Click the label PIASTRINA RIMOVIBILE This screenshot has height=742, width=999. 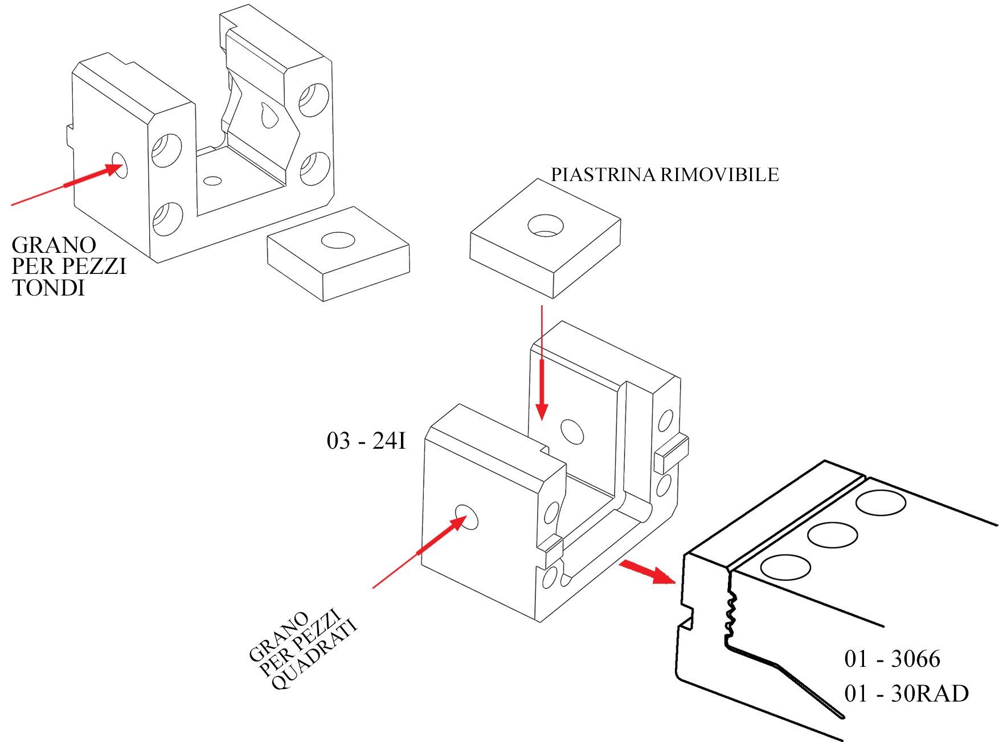click(x=665, y=174)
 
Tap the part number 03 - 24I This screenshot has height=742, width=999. click(x=366, y=441)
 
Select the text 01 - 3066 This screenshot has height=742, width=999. click(x=892, y=659)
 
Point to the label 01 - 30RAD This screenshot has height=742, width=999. click(x=906, y=694)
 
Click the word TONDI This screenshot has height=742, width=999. click(x=48, y=288)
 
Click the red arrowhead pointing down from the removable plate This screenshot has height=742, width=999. click(x=542, y=412)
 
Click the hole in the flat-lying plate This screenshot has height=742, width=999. click(x=338, y=240)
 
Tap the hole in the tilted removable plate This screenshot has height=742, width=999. click(x=546, y=226)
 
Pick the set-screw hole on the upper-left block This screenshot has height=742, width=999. click(x=120, y=166)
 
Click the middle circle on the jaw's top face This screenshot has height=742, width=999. click(x=832, y=535)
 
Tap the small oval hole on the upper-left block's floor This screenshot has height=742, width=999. click(x=213, y=181)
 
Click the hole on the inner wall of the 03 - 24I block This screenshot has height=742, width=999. click(x=572, y=431)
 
